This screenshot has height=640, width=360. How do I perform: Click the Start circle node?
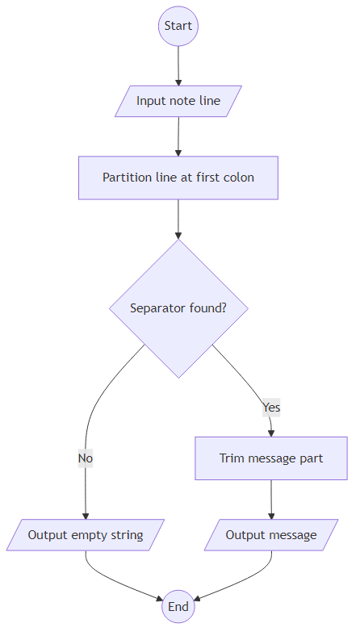click(x=178, y=26)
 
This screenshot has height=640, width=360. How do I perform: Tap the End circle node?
click(x=178, y=607)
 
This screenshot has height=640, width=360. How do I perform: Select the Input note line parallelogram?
click(x=178, y=101)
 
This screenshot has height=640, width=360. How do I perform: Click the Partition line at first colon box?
click(x=178, y=178)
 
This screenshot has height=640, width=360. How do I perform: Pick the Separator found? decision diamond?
click(x=178, y=308)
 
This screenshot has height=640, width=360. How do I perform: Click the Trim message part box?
click(x=271, y=458)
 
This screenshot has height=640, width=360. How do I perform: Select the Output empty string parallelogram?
click(x=86, y=534)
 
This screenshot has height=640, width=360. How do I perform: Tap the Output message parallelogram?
click(x=271, y=534)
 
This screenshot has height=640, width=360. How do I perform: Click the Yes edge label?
click(x=271, y=408)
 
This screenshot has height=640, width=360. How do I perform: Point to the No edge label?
click(x=85, y=458)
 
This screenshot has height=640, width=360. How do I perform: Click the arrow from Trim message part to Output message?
click(x=271, y=499)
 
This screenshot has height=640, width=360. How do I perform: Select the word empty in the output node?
click(x=87, y=534)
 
